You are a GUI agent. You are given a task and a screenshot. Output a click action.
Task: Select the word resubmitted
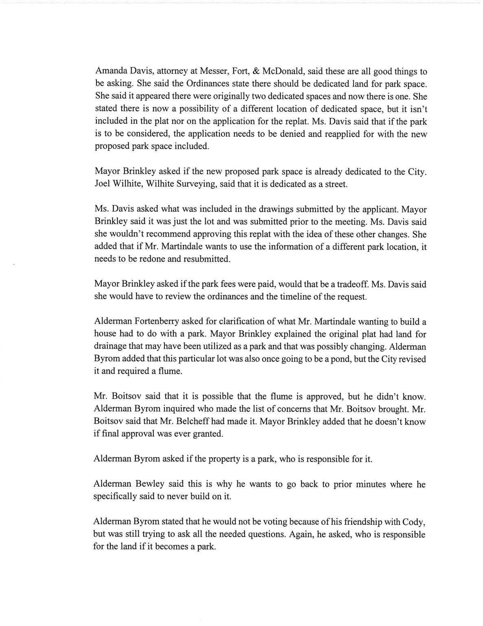coord(205,259)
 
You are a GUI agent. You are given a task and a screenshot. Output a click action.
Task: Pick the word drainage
coord(110,347)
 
